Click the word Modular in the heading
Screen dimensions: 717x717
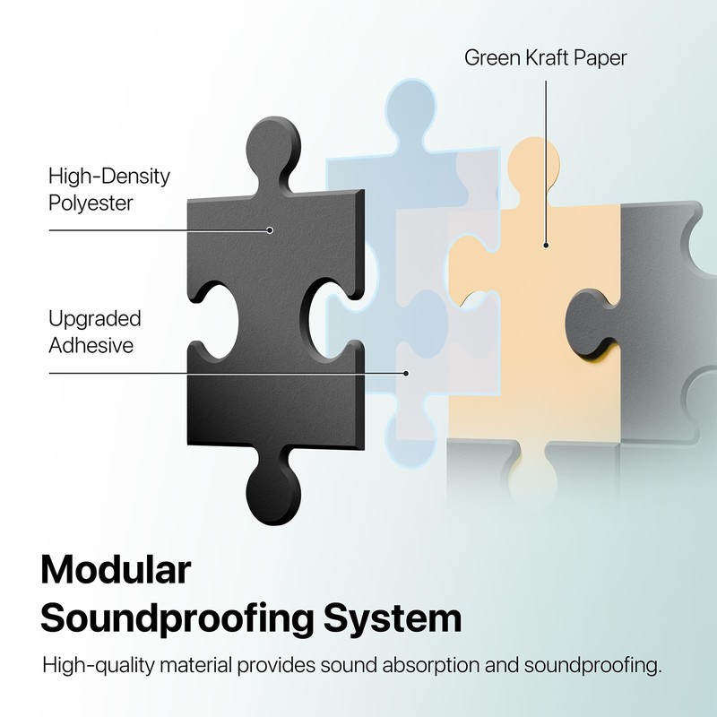(117, 572)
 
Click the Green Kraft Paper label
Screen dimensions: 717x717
(545, 58)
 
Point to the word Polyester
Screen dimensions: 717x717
(91, 203)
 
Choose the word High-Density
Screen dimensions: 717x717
(108, 176)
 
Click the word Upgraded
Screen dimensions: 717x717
(94, 319)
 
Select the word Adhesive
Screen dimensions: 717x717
(91, 346)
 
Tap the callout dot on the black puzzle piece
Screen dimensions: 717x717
(269, 230)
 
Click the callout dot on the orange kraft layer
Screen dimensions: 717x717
(546, 245)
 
